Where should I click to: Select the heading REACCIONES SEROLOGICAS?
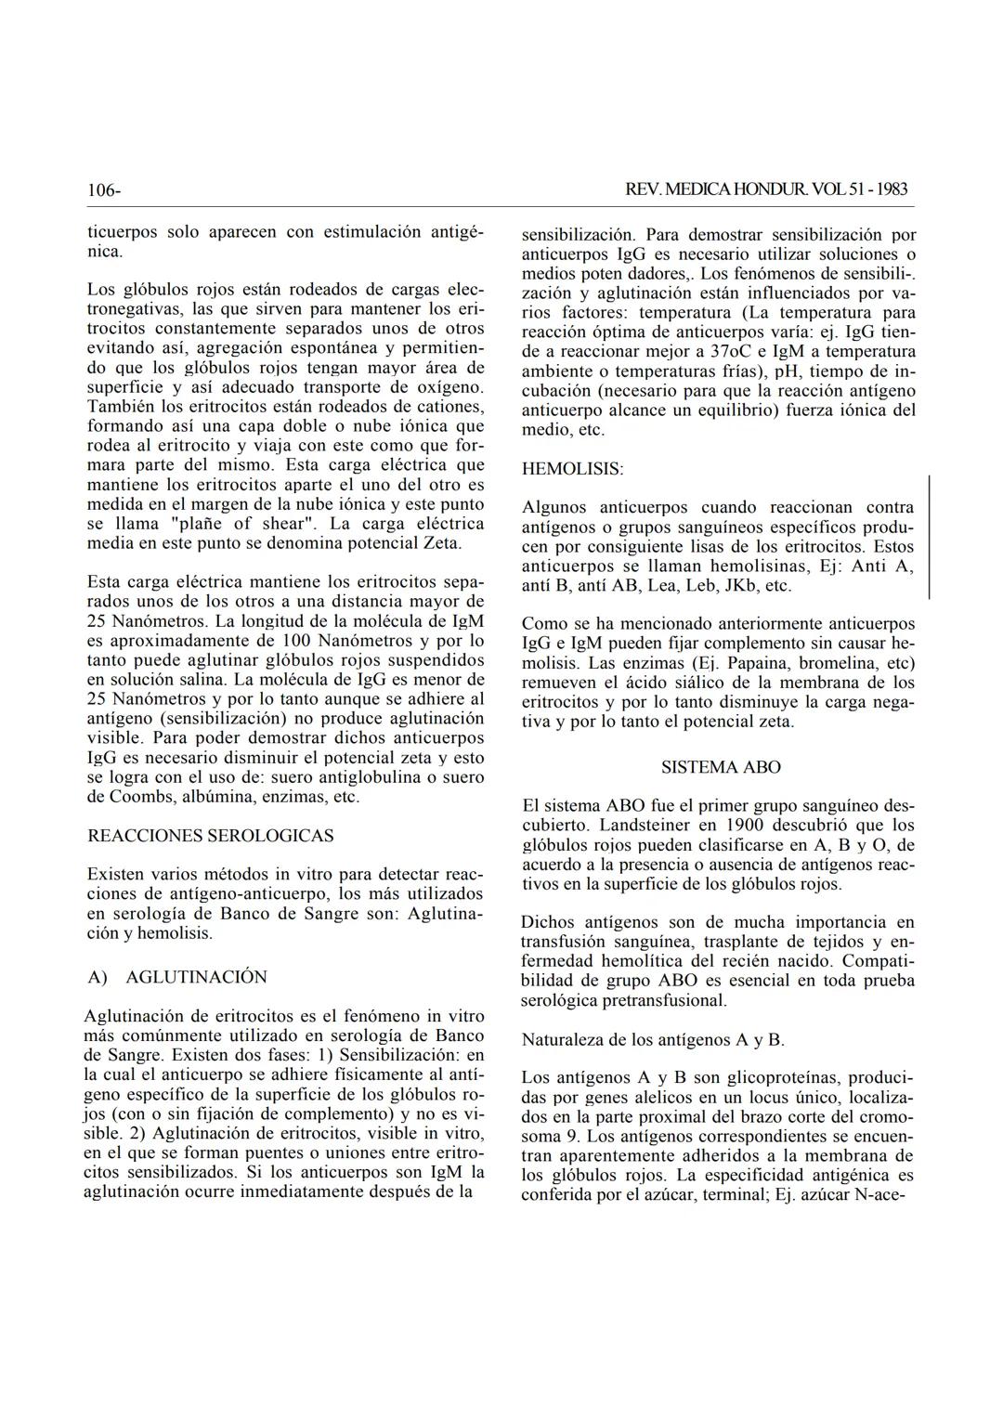click(x=210, y=836)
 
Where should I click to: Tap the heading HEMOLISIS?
click(x=572, y=469)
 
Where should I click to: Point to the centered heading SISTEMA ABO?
click(x=721, y=767)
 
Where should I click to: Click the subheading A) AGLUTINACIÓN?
click(x=176, y=977)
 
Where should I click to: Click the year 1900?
click(x=746, y=825)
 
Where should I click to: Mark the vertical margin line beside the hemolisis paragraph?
click(x=930, y=537)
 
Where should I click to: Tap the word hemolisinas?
click(x=761, y=566)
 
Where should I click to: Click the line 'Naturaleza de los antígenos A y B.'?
click(x=653, y=1039)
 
